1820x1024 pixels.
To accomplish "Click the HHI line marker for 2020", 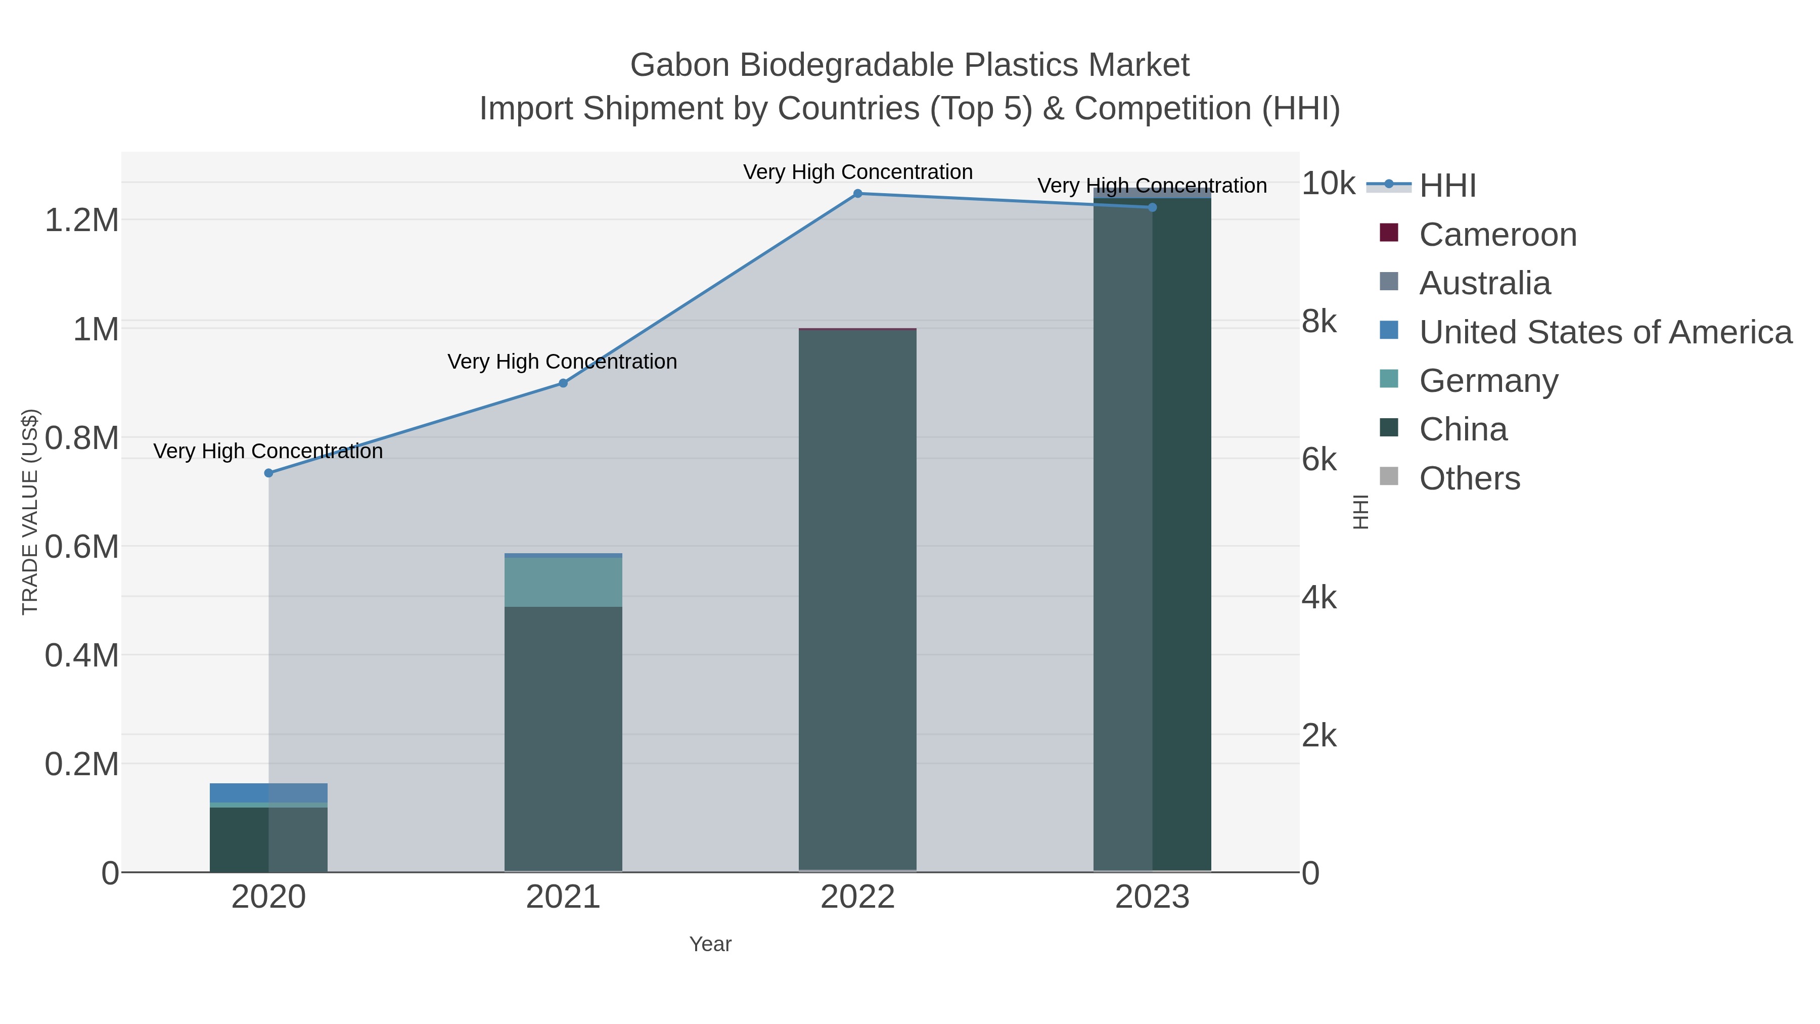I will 268,473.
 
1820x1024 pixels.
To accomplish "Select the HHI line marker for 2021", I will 563,383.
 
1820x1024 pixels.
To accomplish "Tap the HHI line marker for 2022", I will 858,194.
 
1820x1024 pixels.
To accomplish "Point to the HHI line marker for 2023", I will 1152,207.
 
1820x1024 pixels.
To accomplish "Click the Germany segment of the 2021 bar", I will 563,582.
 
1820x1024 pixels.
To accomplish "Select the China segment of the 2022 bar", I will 858,601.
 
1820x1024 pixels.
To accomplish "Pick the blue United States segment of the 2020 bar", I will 239,792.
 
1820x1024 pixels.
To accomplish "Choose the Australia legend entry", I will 1484,283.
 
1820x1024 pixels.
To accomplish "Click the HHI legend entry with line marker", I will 1447,185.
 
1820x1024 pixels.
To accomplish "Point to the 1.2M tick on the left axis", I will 82,220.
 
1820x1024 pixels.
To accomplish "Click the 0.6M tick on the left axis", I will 82,546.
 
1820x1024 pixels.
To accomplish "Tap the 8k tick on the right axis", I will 1318,322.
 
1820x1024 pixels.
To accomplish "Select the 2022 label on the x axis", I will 858,897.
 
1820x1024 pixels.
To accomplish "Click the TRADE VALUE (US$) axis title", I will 30,512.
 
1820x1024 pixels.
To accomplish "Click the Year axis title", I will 710,944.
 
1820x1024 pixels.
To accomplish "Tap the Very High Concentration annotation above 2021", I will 562,362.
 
